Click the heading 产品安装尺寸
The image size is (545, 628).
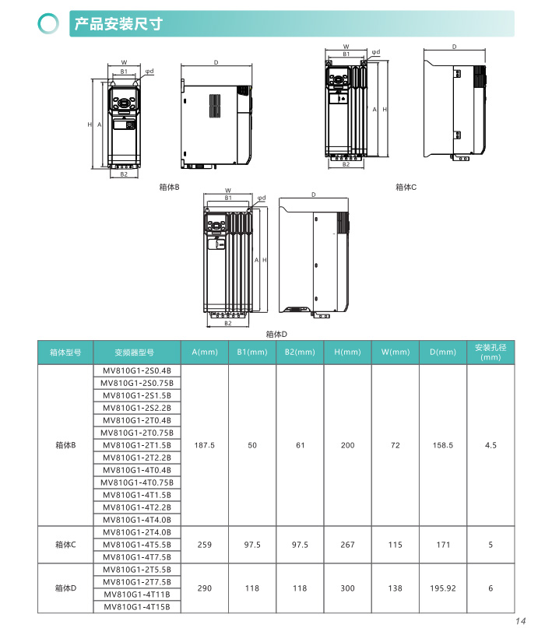point(118,23)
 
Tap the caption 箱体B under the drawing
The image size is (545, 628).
point(169,187)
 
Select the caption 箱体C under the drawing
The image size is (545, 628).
point(406,187)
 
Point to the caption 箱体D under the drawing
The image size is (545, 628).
point(276,333)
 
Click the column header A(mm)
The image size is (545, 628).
point(205,353)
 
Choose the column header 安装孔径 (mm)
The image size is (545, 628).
point(490,353)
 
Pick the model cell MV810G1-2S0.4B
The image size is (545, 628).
point(137,370)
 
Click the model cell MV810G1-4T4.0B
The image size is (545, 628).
point(137,520)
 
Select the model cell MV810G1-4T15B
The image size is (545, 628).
point(137,607)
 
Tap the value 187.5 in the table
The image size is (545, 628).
point(205,445)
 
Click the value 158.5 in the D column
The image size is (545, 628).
point(442,445)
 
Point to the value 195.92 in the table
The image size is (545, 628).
point(442,588)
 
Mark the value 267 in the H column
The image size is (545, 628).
point(347,545)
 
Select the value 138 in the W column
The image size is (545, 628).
point(395,588)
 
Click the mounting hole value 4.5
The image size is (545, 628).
point(490,445)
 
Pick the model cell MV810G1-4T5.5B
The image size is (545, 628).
point(137,545)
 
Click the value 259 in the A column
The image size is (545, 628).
point(205,545)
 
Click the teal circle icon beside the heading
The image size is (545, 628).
point(50,23)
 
